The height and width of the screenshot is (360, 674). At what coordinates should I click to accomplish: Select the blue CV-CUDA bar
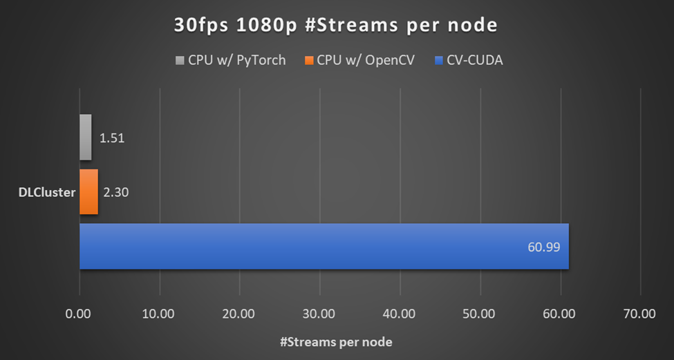pyautogui.click(x=324, y=246)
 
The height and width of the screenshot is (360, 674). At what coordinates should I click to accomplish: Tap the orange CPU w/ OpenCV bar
pyautogui.click(x=88, y=192)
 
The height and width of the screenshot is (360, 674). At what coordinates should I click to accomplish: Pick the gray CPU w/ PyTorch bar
pyautogui.click(x=85, y=137)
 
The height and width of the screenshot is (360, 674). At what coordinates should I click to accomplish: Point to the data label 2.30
pyautogui.click(x=115, y=193)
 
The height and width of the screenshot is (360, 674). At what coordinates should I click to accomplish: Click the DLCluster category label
pyautogui.click(x=46, y=193)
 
